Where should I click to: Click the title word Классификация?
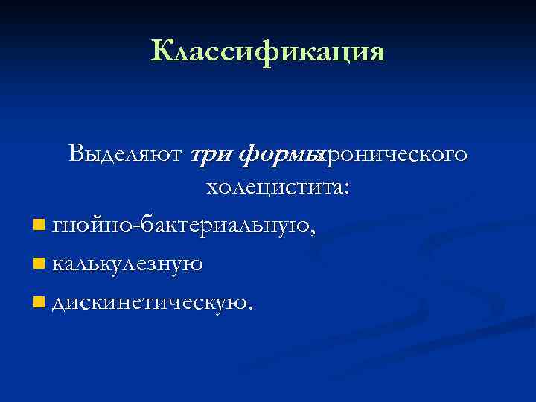pyautogui.click(x=268, y=51)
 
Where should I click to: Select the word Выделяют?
pyautogui.click(x=124, y=154)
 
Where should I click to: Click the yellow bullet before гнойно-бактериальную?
pyautogui.click(x=39, y=224)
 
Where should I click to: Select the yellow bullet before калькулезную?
pyautogui.click(x=39, y=262)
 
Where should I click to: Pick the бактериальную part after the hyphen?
pyautogui.click(x=223, y=224)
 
